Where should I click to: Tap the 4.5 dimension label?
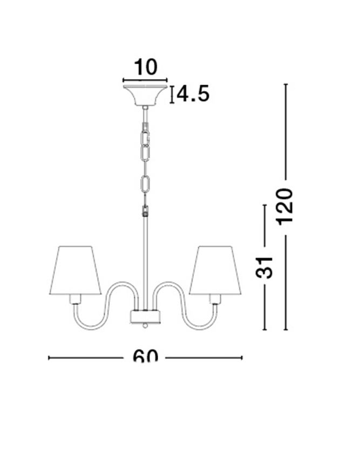click(193, 94)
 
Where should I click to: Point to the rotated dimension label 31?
click(264, 268)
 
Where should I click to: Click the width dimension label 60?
click(145, 356)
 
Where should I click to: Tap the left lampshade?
click(76, 270)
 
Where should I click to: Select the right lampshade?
click(215, 270)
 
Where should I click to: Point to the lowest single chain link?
click(146, 184)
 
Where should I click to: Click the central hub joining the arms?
click(145, 316)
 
